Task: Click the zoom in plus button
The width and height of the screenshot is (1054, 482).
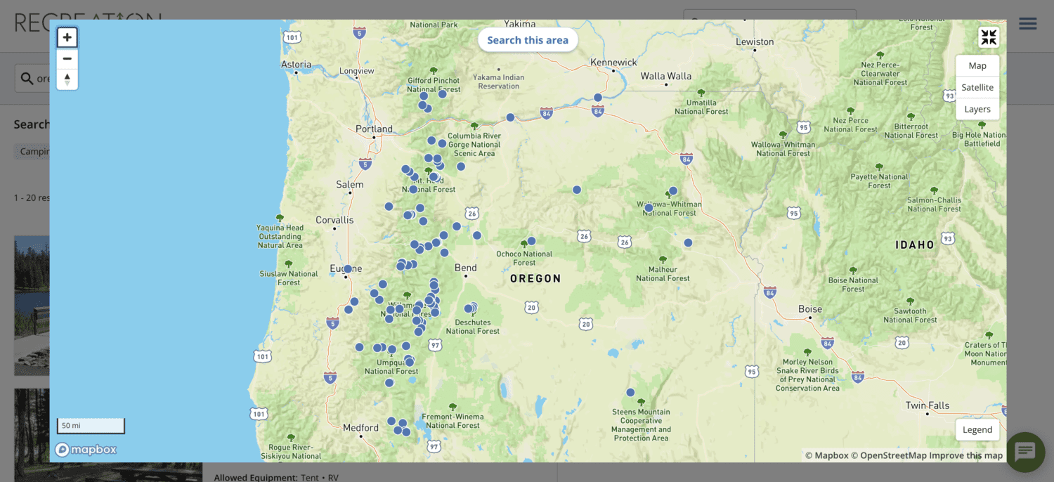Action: pos(67,37)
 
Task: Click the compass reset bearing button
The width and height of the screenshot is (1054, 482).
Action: pos(67,79)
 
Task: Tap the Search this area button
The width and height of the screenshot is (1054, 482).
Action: pos(528,40)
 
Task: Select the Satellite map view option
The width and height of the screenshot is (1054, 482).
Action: pos(977,87)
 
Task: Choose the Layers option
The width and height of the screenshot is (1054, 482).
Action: pos(977,109)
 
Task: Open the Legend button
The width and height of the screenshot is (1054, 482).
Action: pos(977,429)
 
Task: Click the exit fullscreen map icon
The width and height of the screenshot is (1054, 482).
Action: pos(989,37)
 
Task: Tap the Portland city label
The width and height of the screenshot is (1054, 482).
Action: pos(374,129)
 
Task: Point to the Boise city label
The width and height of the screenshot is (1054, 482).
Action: pos(810,309)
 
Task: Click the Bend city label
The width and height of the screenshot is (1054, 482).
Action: pos(465,268)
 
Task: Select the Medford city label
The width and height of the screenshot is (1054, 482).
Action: pos(360,427)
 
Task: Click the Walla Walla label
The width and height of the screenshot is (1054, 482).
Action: pos(666,76)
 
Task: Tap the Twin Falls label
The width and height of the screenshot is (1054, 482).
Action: pos(928,405)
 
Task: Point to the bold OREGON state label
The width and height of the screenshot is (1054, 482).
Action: pos(535,278)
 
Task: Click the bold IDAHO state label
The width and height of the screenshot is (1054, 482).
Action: pos(915,245)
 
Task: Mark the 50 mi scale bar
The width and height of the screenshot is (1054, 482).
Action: pos(91,426)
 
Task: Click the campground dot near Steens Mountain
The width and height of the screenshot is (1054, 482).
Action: pos(630,393)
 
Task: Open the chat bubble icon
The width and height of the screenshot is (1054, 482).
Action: pos(1025,452)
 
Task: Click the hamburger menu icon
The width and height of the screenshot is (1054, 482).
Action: pos(1028,24)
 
